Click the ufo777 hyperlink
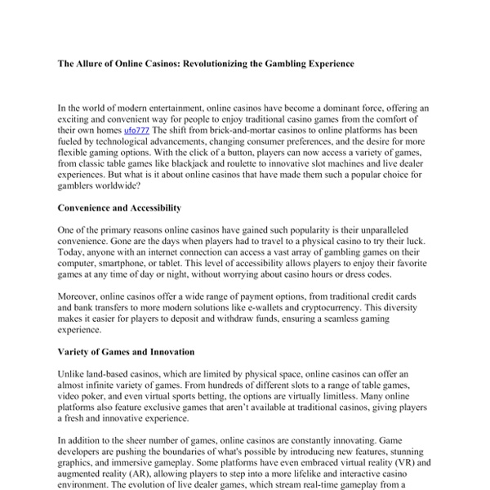[x=137, y=130]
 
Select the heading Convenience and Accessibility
[x=120, y=207]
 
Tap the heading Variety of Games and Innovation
[x=126, y=351]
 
